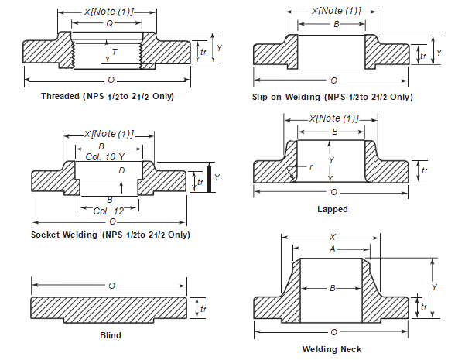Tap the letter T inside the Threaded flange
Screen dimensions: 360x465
coord(115,51)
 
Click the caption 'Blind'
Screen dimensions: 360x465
coord(111,335)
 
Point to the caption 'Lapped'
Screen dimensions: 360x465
coord(333,209)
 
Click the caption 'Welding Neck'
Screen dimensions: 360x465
coord(332,349)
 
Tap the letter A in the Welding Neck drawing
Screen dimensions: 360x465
coord(332,249)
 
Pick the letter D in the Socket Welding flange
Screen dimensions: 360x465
coord(121,170)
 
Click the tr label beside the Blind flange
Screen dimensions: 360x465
coord(203,309)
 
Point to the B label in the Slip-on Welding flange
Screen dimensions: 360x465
coord(336,24)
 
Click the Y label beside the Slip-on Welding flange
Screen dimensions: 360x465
coord(439,51)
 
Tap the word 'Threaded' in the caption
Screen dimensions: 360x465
coord(60,96)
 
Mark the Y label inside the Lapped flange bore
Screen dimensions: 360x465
coord(331,160)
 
